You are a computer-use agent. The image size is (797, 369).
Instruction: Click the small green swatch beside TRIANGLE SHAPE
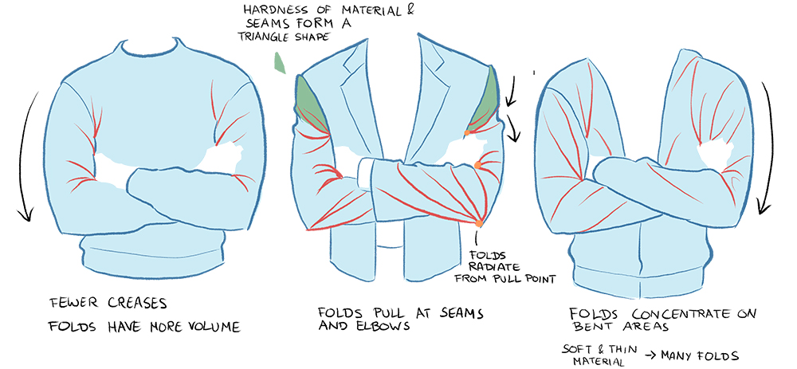(278, 62)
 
